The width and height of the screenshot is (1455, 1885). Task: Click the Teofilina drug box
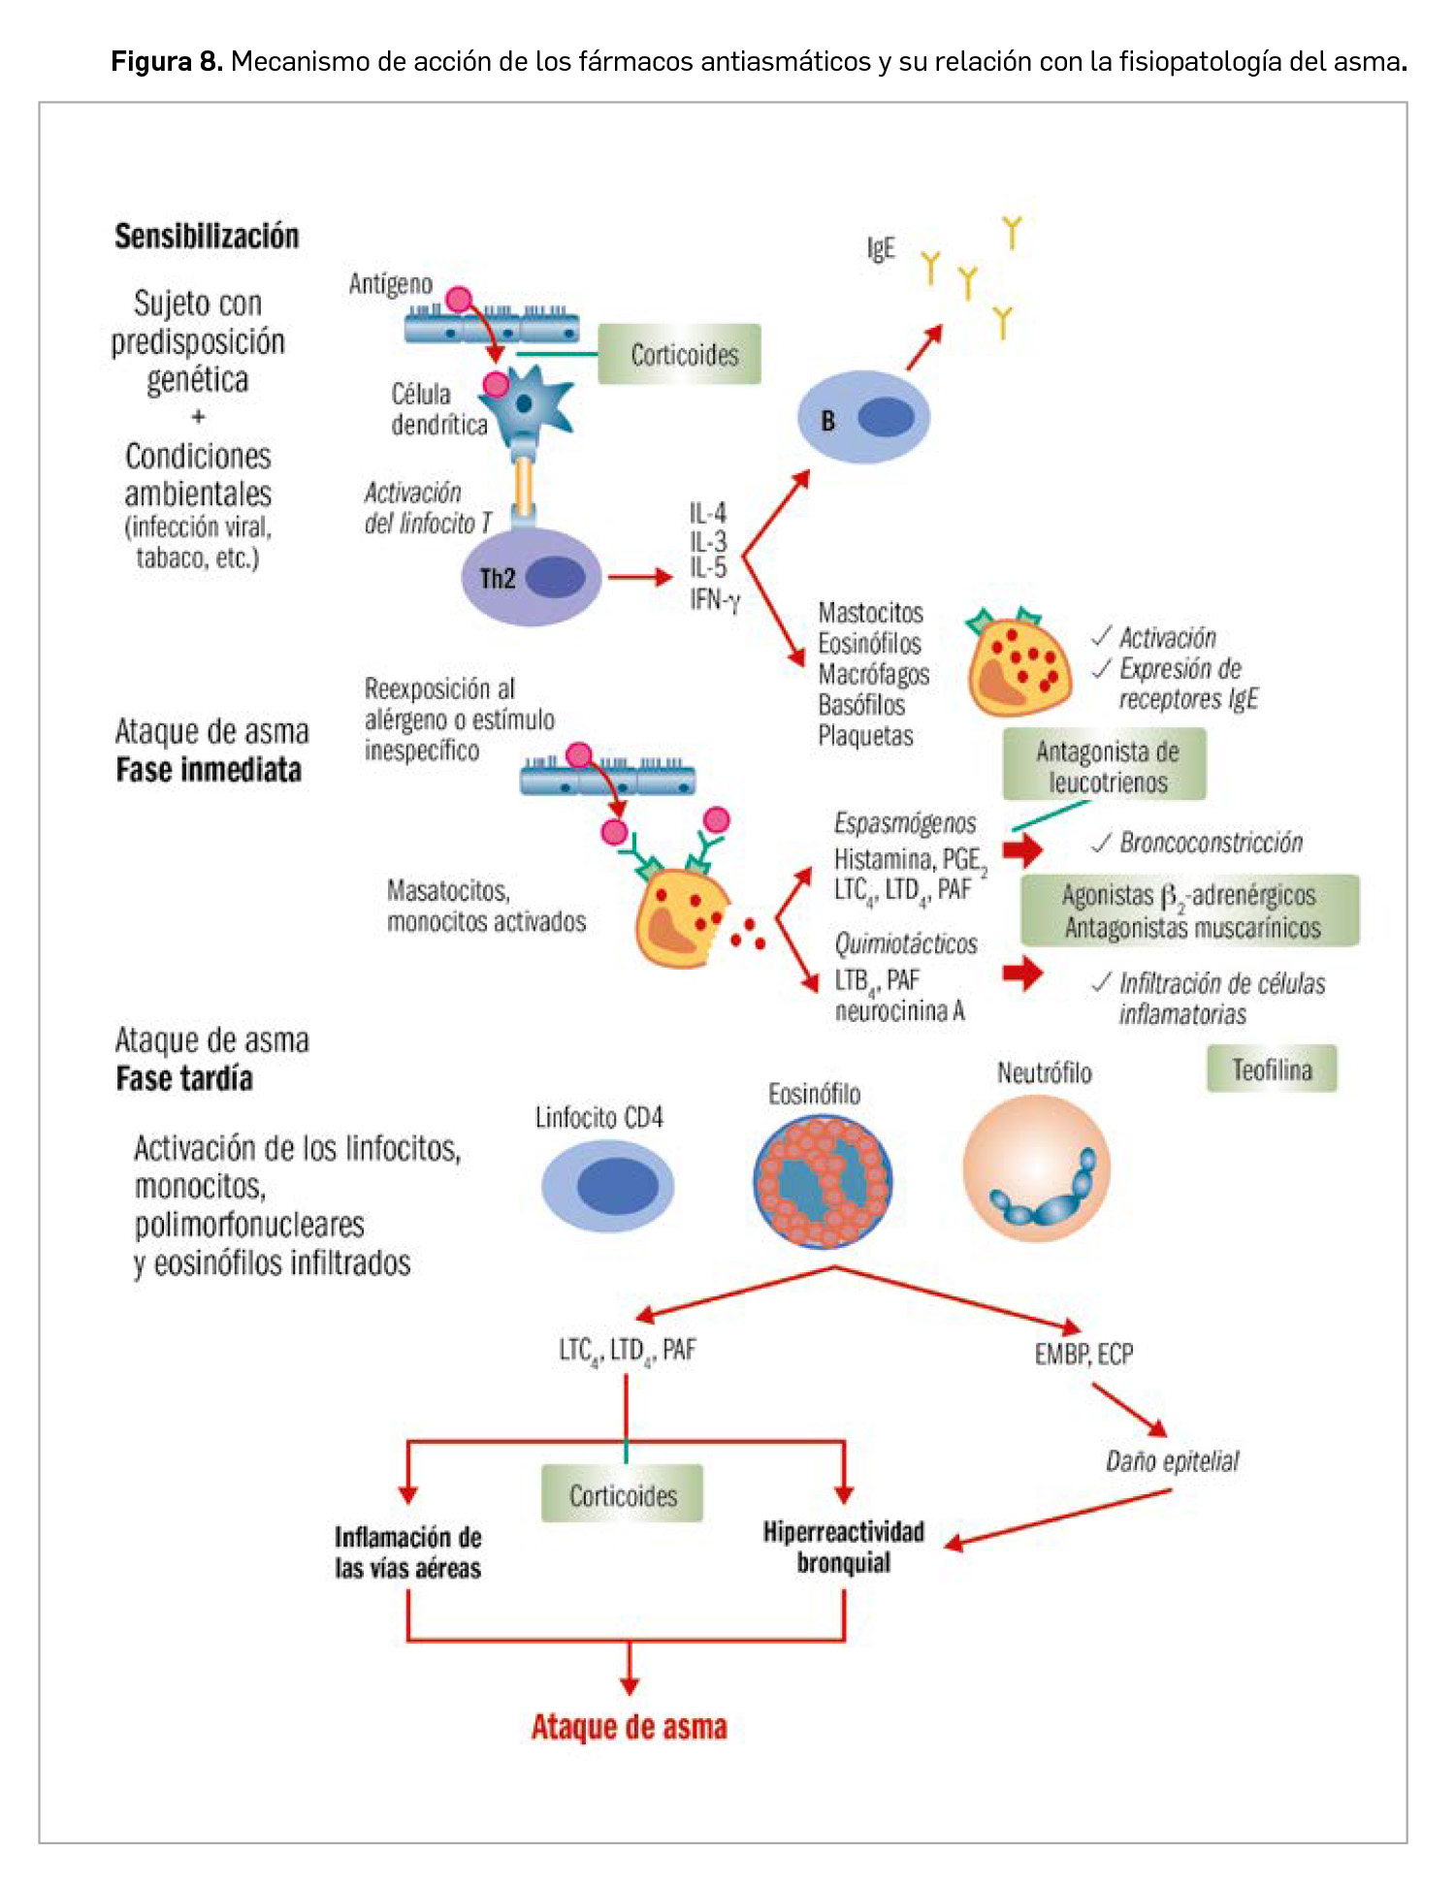click(x=1271, y=1070)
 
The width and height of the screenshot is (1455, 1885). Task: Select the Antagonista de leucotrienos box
click(x=1105, y=766)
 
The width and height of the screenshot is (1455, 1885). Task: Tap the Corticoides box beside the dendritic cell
click(x=680, y=355)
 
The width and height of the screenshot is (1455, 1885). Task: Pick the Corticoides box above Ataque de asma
click(x=622, y=1495)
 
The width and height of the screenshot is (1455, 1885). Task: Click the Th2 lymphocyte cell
click(x=531, y=578)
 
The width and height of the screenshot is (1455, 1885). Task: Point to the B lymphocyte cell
click(x=863, y=419)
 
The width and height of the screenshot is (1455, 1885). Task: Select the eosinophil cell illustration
click(x=823, y=1181)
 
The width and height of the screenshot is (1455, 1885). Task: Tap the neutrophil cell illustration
click(x=1036, y=1169)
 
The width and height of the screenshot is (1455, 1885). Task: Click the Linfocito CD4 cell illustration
click(x=607, y=1186)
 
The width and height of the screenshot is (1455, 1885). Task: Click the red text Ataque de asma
click(x=629, y=1727)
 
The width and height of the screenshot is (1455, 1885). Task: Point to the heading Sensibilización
click(x=207, y=237)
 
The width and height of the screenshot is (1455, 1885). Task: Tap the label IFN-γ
click(x=715, y=600)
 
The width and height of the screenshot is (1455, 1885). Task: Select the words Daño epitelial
click(x=1172, y=1461)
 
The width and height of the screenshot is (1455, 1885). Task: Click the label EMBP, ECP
click(x=1083, y=1354)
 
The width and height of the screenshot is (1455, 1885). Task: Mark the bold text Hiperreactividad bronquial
click(x=844, y=1547)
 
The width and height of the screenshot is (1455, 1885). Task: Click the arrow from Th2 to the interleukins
click(x=640, y=578)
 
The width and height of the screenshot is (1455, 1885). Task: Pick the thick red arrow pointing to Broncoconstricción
click(x=1022, y=850)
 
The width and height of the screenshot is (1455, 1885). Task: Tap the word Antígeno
click(x=390, y=284)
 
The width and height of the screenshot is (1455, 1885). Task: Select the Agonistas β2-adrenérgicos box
click(x=1189, y=911)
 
